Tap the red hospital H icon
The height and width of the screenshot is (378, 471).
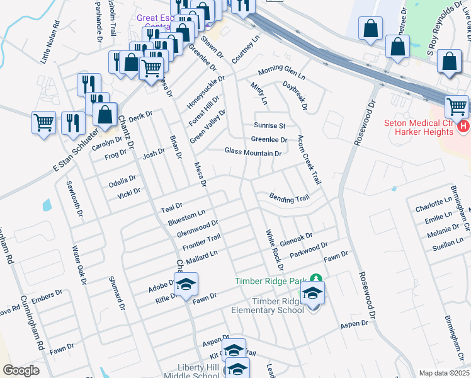(x=464, y=127)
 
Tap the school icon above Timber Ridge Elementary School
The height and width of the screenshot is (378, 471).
(x=312, y=294)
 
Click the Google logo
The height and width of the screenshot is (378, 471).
(x=21, y=370)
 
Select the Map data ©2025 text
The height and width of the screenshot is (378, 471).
(x=444, y=373)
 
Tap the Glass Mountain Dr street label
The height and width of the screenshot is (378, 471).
(x=253, y=152)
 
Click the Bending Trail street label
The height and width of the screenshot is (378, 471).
(x=290, y=198)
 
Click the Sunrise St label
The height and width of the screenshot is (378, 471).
(x=270, y=125)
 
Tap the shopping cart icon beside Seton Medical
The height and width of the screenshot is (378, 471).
(x=457, y=107)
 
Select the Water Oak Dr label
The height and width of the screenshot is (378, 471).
(x=79, y=265)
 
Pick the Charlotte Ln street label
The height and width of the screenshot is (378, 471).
(x=434, y=207)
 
